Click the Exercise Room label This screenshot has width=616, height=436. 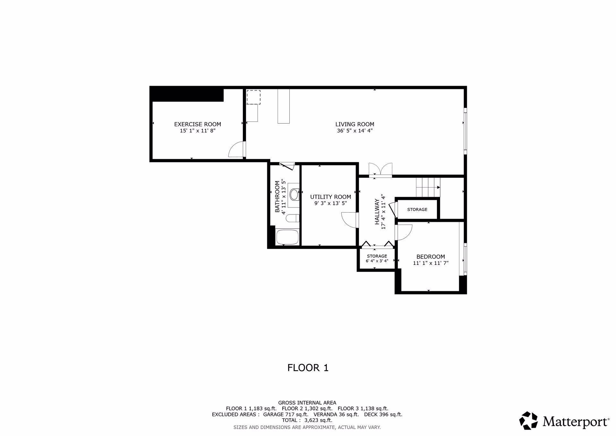(x=197, y=124)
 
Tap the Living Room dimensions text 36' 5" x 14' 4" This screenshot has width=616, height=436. (x=355, y=131)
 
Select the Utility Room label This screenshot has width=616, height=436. (x=330, y=197)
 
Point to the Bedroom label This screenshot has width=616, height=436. (x=431, y=257)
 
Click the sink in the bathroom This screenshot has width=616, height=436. (x=294, y=194)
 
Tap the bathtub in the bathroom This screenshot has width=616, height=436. (x=287, y=237)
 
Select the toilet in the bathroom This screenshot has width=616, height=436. (x=292, y=219)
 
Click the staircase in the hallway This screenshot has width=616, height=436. (x=428, y=187)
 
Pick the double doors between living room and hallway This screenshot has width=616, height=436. (x=381, y=170)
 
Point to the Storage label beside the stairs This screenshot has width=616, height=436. (x=417, y=210)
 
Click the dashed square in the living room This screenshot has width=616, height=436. (x=253, y=97)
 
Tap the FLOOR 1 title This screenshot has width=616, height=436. (x=308, y=368)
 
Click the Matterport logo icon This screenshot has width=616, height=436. (x=528, y=421)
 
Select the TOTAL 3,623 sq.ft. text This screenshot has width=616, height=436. (x=307, y=420)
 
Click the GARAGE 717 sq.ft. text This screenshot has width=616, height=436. (x=286, y=414)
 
